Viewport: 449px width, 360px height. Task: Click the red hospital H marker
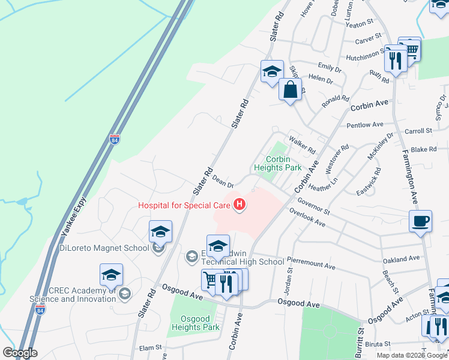(240, 205)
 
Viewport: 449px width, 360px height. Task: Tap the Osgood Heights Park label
(196, 323)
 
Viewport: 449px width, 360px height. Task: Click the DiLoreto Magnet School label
(104, 248)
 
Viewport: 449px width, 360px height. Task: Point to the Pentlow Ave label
(364, 125)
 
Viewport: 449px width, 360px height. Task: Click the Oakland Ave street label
(401, 259)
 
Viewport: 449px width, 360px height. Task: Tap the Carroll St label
(418, 130)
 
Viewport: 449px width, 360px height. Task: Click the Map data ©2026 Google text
(412, 355)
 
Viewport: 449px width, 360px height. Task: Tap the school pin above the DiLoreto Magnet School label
(160, 232)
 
